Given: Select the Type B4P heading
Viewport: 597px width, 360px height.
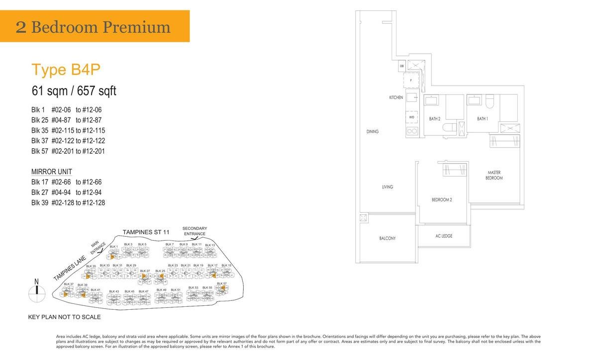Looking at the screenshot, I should [x=66, y=70].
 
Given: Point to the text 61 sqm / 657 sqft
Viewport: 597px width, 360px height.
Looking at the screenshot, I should [x=74, y=91].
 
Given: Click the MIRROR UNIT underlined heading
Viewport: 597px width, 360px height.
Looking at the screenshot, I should [x=52, y=172].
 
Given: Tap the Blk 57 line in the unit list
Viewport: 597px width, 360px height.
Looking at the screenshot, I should [x=68, y=151].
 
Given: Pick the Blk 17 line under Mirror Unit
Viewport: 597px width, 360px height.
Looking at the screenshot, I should [x=66, y=182].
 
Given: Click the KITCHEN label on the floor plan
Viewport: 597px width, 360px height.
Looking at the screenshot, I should [x=396, y=97].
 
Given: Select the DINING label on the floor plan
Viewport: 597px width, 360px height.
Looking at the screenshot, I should [x=372, y=132].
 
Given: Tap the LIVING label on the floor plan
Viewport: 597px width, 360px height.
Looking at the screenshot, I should [x=388, y=187].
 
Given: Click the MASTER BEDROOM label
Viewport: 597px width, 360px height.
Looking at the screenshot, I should [x=494, y=175].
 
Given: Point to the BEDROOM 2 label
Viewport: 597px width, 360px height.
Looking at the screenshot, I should [x=442, y=200].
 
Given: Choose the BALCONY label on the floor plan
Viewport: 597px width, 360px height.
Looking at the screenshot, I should [x=388, y=239].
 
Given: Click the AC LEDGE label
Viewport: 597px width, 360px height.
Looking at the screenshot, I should [x=443, y=236].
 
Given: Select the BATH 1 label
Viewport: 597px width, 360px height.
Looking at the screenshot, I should [x=482, y=119].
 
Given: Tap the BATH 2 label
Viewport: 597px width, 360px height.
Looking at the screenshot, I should [x=435, y=119].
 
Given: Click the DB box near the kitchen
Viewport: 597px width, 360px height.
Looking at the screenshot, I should [x=401, y=66].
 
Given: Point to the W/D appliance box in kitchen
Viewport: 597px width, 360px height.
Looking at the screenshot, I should [x=412, y=117].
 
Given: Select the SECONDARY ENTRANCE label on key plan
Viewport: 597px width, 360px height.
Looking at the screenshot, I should [x=195, y=231].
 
